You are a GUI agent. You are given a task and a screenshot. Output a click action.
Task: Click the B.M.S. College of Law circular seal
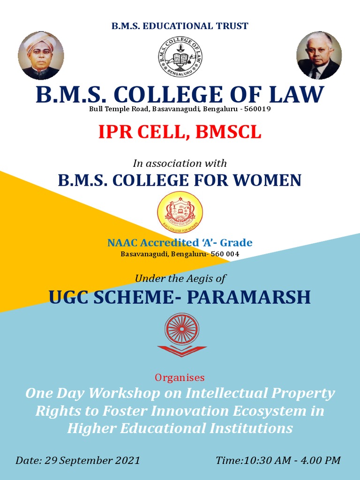point(180,57)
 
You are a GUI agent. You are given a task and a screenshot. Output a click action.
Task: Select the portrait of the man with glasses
point(319,55)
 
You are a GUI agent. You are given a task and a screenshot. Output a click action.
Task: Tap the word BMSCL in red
point(228,132)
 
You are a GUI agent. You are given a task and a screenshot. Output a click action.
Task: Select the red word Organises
point(180,377)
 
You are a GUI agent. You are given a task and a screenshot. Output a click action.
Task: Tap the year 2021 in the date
point(127,460)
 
